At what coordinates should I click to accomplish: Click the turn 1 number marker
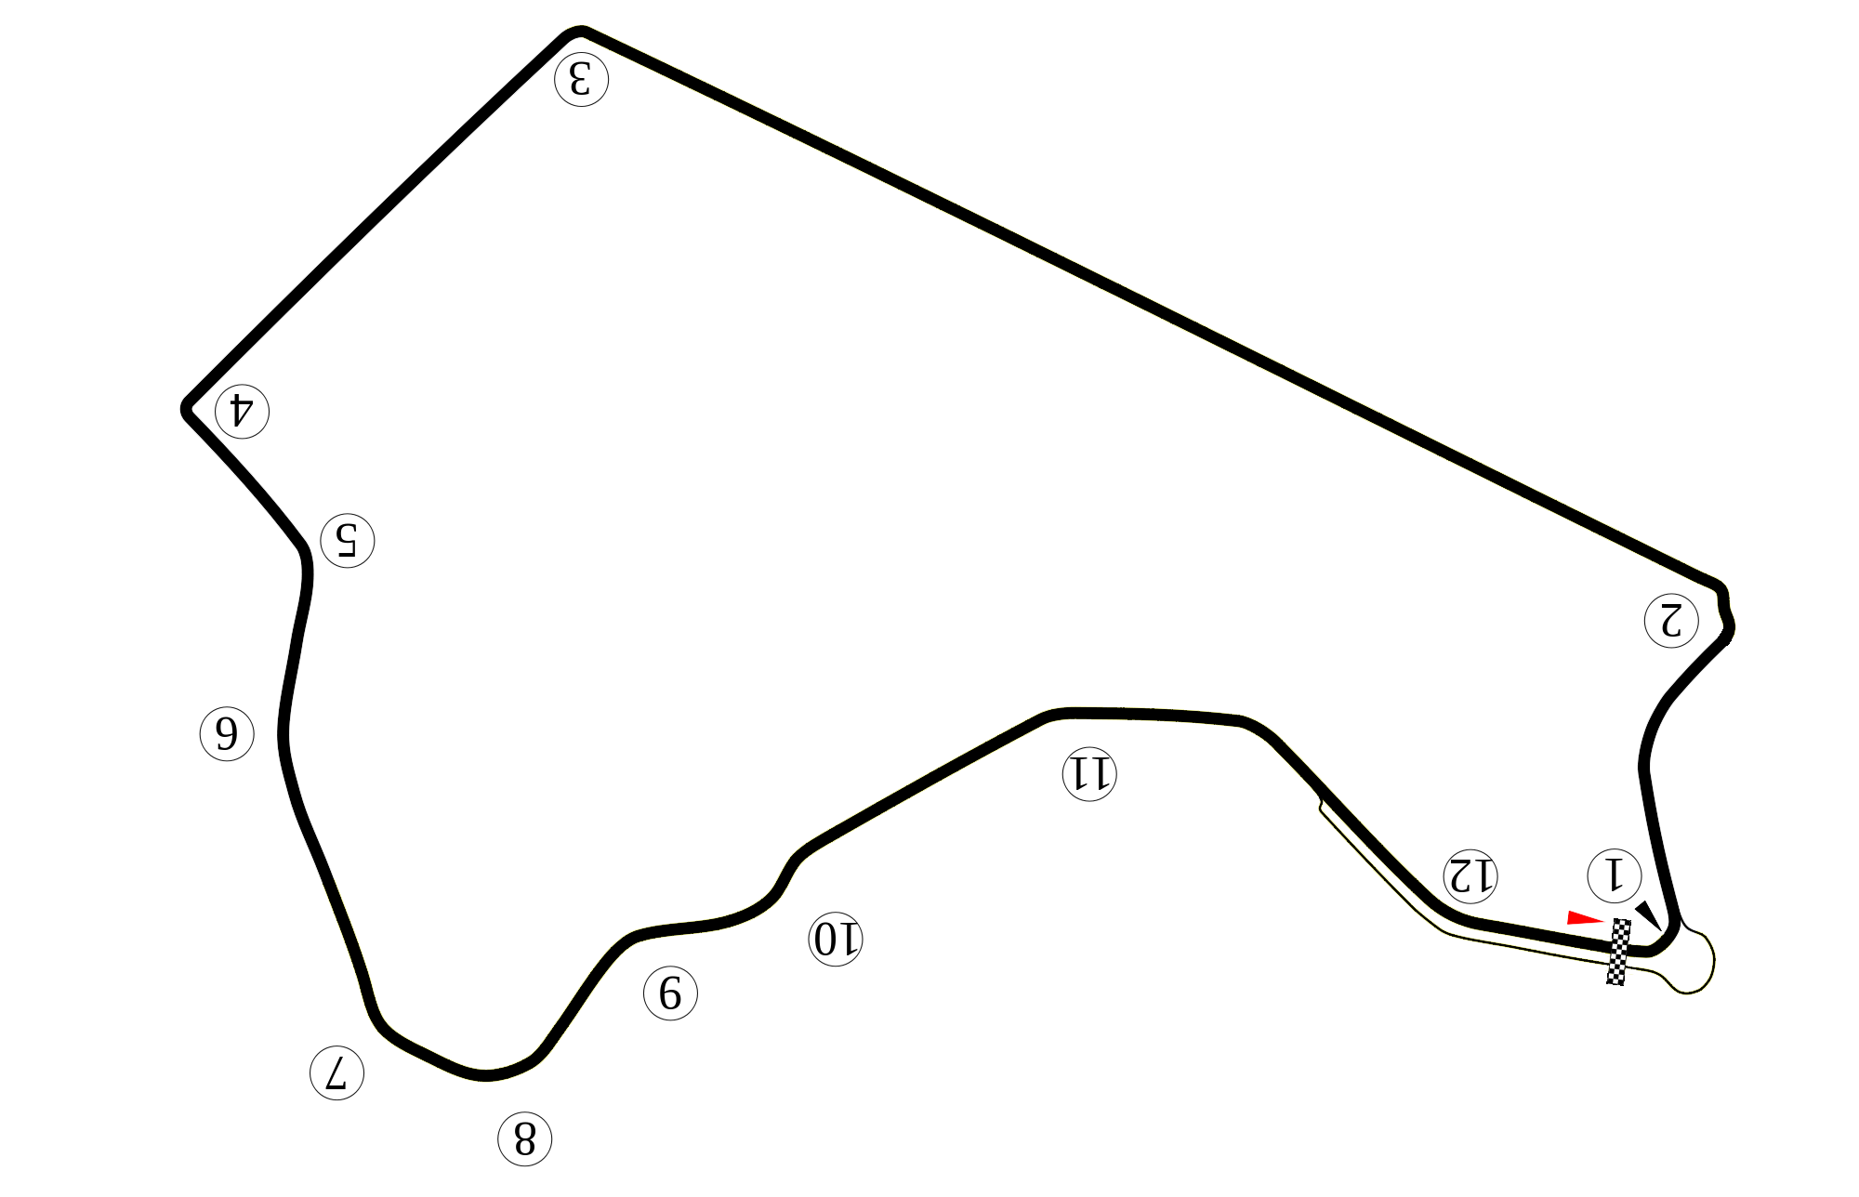click(1615, 875)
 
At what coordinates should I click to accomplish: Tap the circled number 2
click(1672, 620)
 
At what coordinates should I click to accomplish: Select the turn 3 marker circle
click(581, 79)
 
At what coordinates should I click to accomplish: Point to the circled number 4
click(242, 410)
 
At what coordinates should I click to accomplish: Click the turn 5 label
click(348, 539)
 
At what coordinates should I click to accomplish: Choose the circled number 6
click(228, 734)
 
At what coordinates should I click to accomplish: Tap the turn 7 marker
click(336, 1073)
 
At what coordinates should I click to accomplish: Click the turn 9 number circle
click(670, 994)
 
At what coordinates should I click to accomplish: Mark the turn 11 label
click(1088, 773)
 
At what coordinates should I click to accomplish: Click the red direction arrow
click(1585, 918)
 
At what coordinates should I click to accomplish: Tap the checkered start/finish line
click(1620, 951)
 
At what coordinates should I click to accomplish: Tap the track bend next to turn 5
click(304, 555)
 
